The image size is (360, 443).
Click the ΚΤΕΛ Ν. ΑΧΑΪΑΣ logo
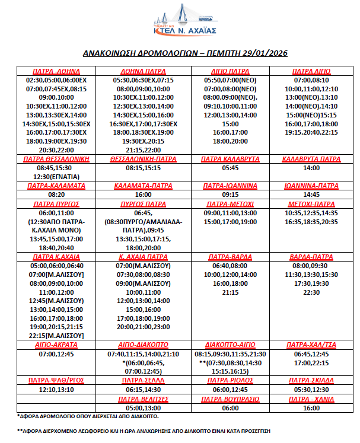pyautogui.click(x=180, y=21)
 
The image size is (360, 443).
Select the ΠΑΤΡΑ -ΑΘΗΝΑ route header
pyautogui.click(x=56, y=71)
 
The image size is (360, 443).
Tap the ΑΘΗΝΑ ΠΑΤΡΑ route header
pyautogui.click(x=143, y=71)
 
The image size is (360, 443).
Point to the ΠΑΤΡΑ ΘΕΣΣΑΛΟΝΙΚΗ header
pyautogui.click(x=56, y=160)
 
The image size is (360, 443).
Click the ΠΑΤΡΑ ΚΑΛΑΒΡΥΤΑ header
pyautogui.click(x=229, y=160)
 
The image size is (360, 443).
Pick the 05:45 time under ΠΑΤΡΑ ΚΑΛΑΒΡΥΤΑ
pyautogui.click(x=229, y=168)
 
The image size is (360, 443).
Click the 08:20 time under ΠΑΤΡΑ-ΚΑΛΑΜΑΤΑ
pyautogui.click(x=56, y=195)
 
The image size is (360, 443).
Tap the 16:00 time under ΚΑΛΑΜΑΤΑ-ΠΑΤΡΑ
pyautogui.click(x=143, y=195)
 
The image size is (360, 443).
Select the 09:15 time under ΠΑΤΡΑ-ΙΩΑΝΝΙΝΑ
pyautogui.click(x=229, y=195)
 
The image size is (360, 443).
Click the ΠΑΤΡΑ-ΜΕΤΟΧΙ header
pyautogui.click(x=229, y=203)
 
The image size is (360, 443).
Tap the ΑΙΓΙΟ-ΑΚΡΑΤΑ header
pyautogui.click(x=56, y=345)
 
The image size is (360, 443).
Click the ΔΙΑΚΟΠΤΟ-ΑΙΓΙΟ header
pyautogui.click(x=229, y=345)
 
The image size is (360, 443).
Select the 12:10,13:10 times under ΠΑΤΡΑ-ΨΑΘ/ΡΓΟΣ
pyautogui.click(x=56, y=390)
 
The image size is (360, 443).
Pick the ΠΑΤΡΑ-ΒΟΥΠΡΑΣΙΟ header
pyautogui.click(x=229, y=399)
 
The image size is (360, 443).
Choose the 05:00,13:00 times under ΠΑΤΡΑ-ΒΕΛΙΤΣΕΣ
pyautogui.click(x=143, y=408)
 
